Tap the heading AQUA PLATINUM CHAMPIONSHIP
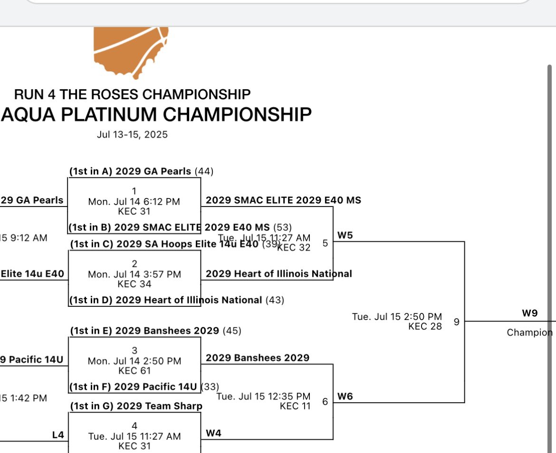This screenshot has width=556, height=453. tap(157, 114)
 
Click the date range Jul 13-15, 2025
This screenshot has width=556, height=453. tap(132, 135)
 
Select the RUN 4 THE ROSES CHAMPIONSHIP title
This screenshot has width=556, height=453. tap(132, 94)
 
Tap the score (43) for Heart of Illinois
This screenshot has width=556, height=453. tap(275, 300)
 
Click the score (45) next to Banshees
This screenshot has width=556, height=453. tap(232, 330)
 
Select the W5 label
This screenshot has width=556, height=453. tap(345, 235)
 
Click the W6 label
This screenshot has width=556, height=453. tap(345, 396)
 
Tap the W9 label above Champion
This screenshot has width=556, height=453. tap(529, 313)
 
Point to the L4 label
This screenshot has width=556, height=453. tap(58, 434)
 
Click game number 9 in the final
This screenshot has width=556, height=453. tap(456, 322)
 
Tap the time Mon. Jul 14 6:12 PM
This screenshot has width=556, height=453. tap(134, 201)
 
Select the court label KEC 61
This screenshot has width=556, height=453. tap(134, 370)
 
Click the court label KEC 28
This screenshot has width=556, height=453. tap(425, 326)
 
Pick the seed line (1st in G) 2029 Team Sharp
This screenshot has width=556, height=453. tap(136, 406)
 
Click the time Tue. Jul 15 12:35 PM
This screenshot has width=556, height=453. tap(263, 396)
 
